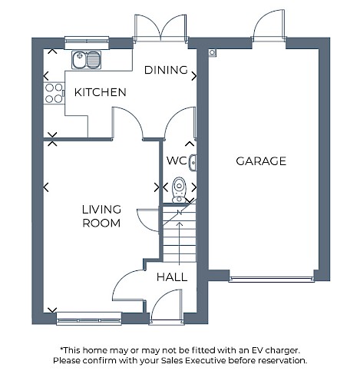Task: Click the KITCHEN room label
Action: coord(101,92)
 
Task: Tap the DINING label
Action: coord(166,70)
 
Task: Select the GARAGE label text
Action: coord(261,161)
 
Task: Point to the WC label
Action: coord(177,161)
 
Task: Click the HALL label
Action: coord(172,277)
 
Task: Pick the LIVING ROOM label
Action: coord(101,217)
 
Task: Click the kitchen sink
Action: coord(86,60)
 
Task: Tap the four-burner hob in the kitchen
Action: coord(54,93)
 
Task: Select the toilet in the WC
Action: coord(179,190)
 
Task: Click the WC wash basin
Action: coord(193,163)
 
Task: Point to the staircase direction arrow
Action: coord(180,243)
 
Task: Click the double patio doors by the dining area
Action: coord(160,28)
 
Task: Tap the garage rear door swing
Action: coord(269,25)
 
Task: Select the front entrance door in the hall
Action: coord(167,305)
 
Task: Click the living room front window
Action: coord(89,319)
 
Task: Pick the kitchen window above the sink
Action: coord(87,42)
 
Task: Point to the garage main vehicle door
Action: coord(271,280)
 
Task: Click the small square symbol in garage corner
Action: coord(212,52)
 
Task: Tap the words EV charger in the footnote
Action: coord(276,350)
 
